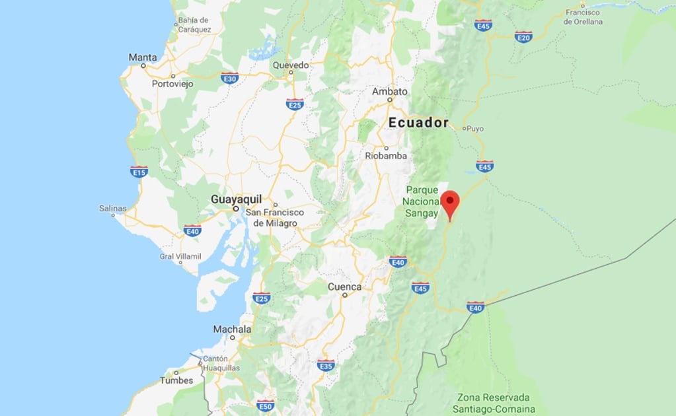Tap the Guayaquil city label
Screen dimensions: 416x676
point(236,199)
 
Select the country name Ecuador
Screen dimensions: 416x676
point(418,122)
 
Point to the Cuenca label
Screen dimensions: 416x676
point(345,287)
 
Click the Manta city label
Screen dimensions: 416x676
point(143,57)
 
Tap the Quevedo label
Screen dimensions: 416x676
point(291,65)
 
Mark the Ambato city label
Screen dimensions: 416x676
point(390,91)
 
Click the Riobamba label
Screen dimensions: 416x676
point(386,156)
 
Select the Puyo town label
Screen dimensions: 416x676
point(475,128)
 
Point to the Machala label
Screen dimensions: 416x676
point(232,329)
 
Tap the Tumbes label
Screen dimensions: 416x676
point(176,380)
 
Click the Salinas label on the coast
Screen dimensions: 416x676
point(112,208)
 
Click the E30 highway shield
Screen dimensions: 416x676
point(230,77)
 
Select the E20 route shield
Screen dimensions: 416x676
point(524,36)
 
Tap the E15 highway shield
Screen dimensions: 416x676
point(139,172)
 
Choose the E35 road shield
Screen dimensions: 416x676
point(326,365)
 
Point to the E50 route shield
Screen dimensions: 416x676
point(266,405)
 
